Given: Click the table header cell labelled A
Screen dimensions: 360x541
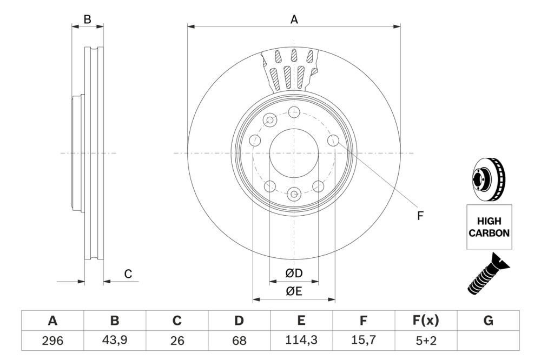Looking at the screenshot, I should pos(52,321).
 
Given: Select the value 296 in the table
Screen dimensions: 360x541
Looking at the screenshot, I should pos(52,341).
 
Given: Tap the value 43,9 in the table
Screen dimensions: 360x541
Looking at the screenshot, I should pos(115,341).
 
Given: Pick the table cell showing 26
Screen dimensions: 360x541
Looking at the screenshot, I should pos(177,341).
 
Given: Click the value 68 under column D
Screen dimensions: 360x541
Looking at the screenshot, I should pos(239,341).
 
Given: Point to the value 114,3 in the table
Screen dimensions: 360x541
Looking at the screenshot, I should pos(301,341).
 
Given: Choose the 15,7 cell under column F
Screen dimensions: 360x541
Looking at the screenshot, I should pos(364,341).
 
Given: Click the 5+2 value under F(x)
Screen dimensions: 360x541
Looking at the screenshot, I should pos(426,341).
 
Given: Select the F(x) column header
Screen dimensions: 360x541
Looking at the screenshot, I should pos(426,321).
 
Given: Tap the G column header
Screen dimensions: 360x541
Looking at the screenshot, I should pos(488,321).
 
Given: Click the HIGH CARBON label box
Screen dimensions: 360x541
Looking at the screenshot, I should pos(489,227).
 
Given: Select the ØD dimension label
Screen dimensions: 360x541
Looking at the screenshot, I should pos(294,274).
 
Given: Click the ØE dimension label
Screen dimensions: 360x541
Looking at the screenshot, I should pos(294,291).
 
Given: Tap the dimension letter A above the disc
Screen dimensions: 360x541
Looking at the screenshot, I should pos(294,19).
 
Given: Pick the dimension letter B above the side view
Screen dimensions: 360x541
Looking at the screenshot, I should pos(87,19).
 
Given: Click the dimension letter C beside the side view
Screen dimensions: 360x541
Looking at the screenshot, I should pos(128,274).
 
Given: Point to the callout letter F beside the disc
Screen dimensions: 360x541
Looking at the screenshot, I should pos(420,216).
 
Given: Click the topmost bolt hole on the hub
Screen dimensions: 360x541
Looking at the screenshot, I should pos(294,112).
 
